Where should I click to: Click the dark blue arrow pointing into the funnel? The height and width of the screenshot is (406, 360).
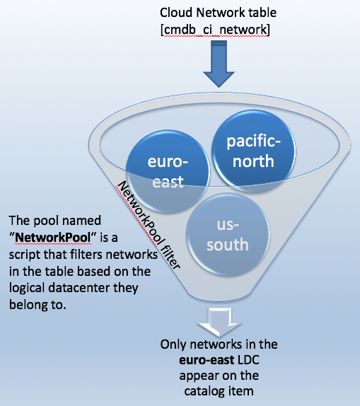219,64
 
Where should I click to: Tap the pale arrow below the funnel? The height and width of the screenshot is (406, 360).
219,322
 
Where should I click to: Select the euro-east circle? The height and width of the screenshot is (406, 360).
168,172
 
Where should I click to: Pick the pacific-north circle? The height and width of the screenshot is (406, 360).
253,151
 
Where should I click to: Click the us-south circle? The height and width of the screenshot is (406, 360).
228,235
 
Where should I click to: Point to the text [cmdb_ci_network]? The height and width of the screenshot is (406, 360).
215,30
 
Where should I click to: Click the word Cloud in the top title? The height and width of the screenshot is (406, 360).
176,13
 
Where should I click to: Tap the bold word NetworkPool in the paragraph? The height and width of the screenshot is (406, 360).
53,238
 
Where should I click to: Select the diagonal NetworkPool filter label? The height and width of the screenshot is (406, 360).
149,225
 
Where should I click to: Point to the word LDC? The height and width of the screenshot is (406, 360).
248,360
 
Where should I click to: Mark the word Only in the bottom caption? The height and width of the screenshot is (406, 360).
173,345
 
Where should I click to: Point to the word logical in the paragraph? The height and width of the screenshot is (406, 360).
27,289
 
